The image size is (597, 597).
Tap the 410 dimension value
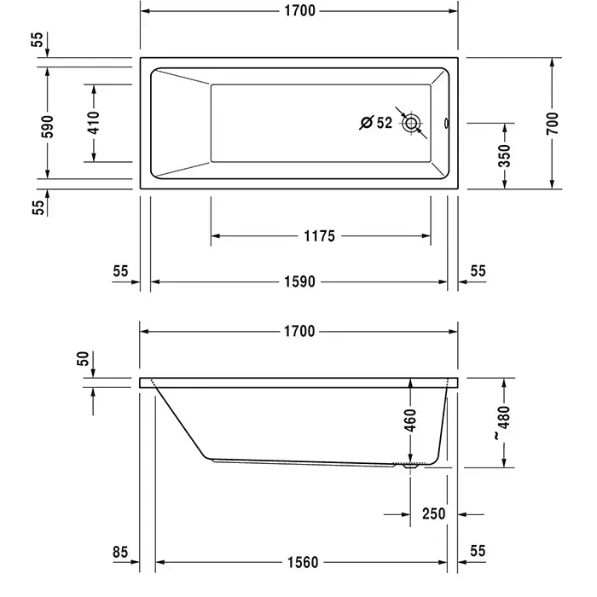[94, 123]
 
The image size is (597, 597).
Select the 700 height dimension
[552, 124]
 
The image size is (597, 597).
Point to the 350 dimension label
[505, 155]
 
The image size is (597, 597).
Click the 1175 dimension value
[319, 236]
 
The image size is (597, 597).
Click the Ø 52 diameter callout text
[376, 123]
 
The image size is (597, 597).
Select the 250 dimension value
[434, 514]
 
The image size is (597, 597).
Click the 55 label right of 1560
[478, 553]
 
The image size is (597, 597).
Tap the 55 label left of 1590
[119, 271]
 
